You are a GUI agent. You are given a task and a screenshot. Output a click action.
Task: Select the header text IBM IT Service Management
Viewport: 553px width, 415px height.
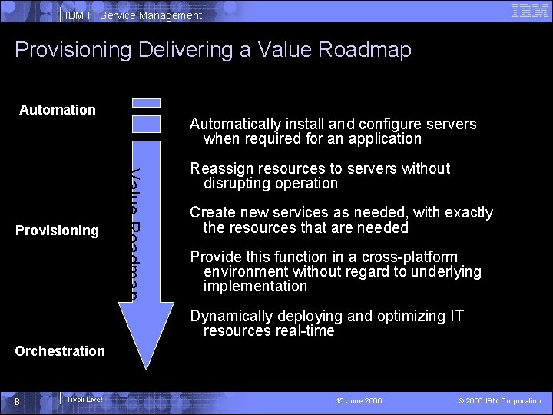(x=134, y=15)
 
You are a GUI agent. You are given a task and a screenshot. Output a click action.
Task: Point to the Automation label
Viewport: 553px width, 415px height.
(x=58, y=110)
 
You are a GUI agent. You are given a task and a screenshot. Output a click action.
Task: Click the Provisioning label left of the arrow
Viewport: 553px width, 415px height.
(x=58, y=231)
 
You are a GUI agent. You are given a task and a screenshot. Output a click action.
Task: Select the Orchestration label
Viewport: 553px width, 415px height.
(x=60, y=351)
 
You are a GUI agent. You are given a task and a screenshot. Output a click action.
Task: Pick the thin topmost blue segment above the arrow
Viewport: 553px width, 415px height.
(x=147, y=102)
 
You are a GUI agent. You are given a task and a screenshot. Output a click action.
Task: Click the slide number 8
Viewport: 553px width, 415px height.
(x=26, y=401)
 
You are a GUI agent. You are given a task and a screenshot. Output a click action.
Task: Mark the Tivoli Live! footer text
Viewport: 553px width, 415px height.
(x=84, y=400)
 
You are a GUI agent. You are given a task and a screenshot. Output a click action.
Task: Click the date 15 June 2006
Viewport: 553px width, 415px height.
(x=359, y=401)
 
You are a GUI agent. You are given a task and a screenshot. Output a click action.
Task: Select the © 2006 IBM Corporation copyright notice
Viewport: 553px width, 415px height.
(x=499, y=401)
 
